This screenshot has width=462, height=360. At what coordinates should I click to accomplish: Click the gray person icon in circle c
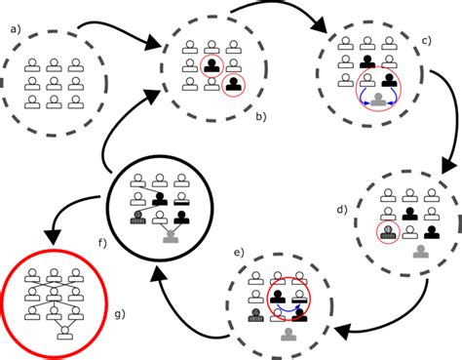tap(378, 100)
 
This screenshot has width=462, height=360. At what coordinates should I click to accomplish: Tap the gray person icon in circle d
tap(420, 253)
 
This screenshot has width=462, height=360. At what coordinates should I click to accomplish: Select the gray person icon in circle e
tap(288, 335)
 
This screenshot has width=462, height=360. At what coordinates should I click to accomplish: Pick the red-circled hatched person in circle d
tap(389, 231)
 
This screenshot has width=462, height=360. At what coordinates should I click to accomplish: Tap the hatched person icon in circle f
tap(138, 217)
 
